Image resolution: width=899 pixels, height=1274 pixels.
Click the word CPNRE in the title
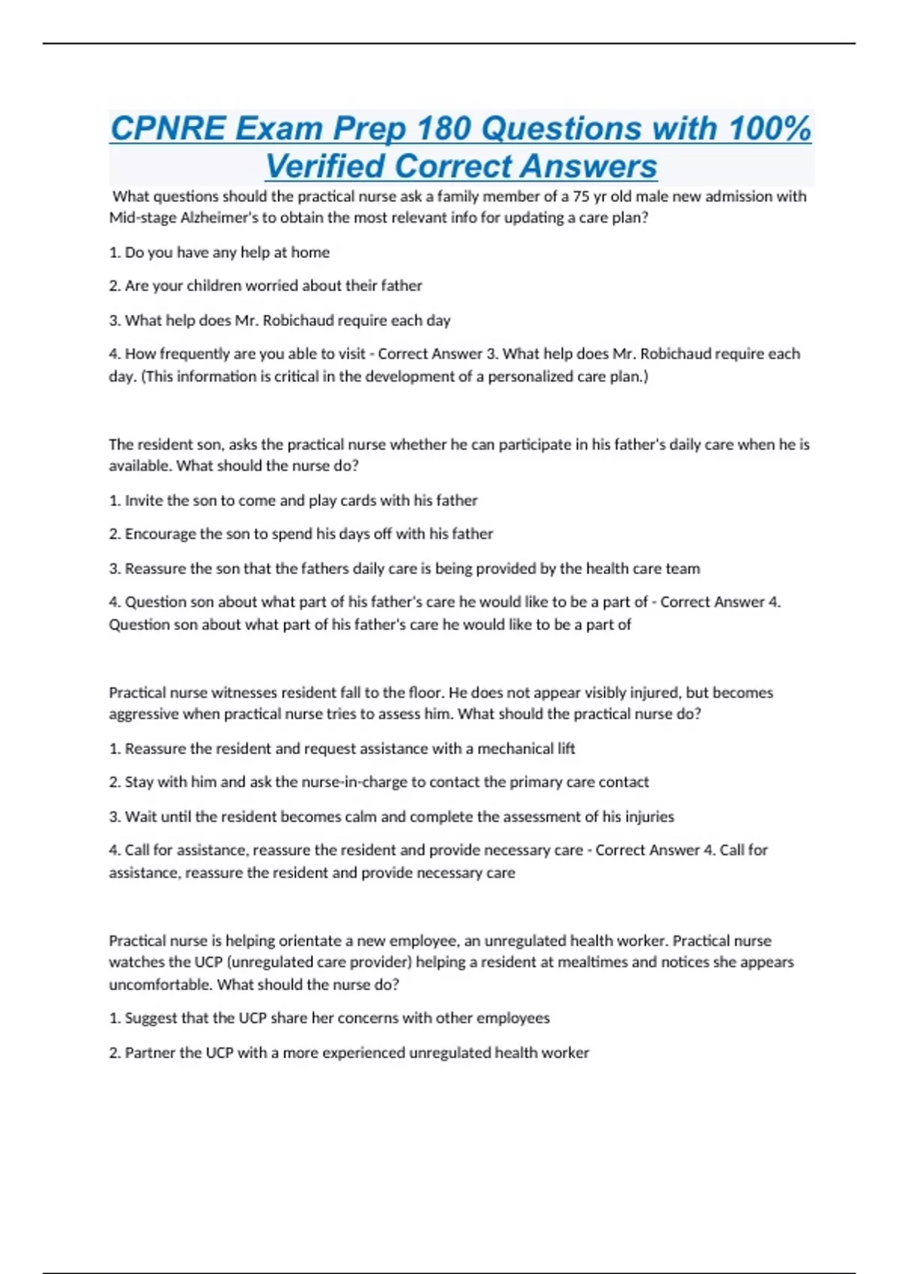point(168,128)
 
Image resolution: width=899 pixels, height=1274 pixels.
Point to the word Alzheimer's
point(219,218)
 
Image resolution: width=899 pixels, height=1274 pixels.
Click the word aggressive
point(142,714)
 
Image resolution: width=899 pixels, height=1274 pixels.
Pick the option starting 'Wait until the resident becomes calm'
point(391,817)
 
